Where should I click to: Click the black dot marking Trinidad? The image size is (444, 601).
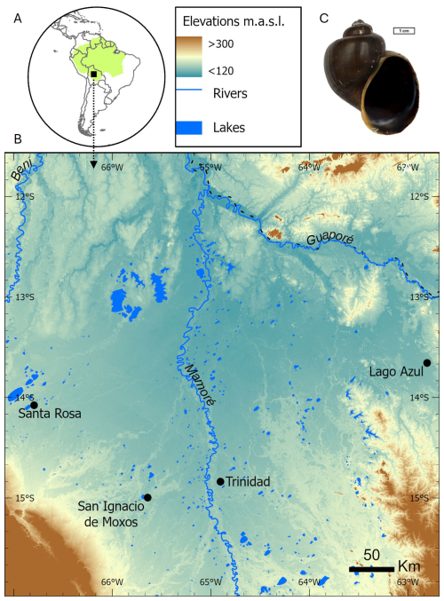[220, 481]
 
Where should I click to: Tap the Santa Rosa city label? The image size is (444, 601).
[50, 414]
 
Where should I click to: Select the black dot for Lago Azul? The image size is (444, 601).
[427, 362]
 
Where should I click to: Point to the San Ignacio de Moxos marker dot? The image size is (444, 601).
[147, 498]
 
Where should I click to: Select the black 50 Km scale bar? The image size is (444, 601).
[371, 568]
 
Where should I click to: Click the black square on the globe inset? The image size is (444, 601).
[93, 75]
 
